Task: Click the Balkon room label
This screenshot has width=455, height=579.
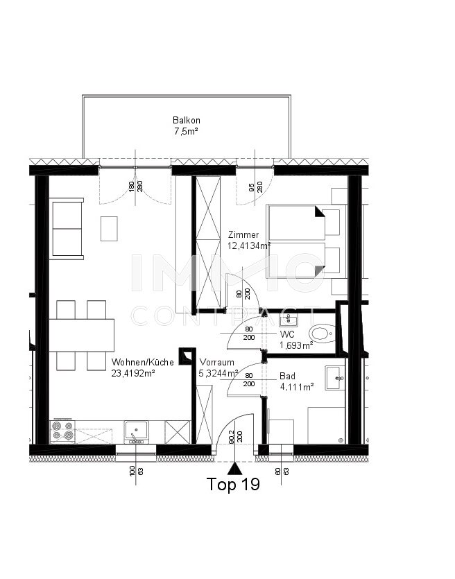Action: point(186,121)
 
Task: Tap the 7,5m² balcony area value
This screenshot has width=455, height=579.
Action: point(186,131)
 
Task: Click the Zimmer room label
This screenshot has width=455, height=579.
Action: point(243,234)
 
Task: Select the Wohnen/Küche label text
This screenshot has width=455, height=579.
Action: point(143,362)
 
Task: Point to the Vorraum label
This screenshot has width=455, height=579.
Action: point(217,362)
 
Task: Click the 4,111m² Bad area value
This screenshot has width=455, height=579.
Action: point(297,387)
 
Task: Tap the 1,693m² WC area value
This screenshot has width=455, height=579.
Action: point(297,345)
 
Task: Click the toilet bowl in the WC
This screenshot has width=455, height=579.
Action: point(322,333)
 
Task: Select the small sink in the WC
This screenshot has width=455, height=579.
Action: point(288,321)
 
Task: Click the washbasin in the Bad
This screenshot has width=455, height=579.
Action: point(335,378)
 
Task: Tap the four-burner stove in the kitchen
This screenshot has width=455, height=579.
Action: point(62,431)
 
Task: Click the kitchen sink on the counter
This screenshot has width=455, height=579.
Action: point(136,431)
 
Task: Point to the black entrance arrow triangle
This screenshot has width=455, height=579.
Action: point(234,469)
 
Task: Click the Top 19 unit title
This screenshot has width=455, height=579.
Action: point(233,484)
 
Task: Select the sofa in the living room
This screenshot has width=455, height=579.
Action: point(67,229)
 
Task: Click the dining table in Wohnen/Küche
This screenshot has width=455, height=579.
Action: point(82,336)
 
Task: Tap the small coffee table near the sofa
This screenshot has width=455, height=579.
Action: point(109,229)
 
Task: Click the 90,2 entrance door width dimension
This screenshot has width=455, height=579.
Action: point(231,438)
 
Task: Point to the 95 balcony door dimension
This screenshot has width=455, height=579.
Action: point(252,188)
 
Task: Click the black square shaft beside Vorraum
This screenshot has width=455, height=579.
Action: point(187,356)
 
